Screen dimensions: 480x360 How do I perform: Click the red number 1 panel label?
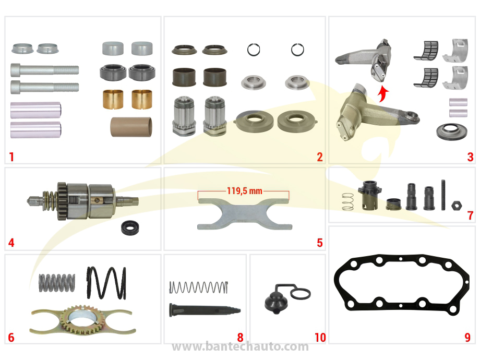click(x=11, y=157)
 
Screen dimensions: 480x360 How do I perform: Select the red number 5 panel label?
click(x=320, y=243)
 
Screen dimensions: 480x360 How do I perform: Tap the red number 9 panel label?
click(x=467, y=338)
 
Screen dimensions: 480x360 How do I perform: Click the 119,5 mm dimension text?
click(x=245, y=191)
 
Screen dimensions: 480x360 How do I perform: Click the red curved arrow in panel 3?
click(x=382, y=94)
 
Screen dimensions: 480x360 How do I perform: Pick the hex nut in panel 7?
click(x=457, y=205)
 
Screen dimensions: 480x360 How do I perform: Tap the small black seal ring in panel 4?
click(x=130, y=228)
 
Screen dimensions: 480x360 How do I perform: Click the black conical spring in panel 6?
click(x=106, y=283)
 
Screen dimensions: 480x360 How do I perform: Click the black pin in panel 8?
click(x=205, y=310)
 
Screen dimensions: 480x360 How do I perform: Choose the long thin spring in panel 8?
click(x=199, y=287)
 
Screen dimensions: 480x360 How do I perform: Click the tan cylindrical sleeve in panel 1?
click(x=131, y=127)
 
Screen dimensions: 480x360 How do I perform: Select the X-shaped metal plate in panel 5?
click(x=245, y=214)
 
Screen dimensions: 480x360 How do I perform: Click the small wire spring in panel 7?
click(x=348, y=201)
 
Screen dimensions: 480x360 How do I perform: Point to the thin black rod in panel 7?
click(x=443, y=195)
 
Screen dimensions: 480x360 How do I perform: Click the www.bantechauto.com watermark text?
click(x=241, y=346)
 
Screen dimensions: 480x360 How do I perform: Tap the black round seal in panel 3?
click(x=451, y=132)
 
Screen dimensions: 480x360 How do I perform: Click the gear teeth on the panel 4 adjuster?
click(x=62, y=201)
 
